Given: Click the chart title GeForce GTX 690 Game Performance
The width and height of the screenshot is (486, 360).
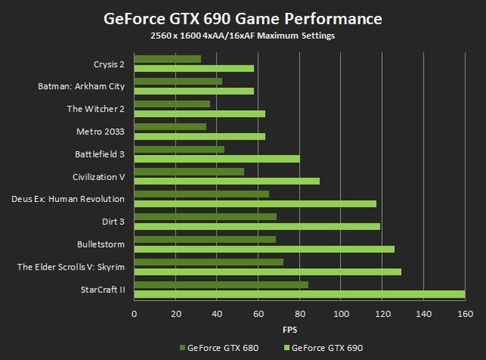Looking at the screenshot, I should (243, 18).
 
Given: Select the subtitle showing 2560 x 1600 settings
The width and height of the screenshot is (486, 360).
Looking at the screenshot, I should (243, 35).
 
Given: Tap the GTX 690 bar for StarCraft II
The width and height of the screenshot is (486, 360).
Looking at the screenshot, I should (299, 294).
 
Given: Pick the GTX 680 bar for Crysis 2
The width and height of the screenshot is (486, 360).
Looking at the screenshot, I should (168, 58).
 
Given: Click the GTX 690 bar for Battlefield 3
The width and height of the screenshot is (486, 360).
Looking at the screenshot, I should (217, 159).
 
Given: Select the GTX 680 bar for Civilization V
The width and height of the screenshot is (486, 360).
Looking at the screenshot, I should (189, 172).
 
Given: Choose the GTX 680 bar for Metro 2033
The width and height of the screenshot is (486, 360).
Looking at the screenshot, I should (170, 127).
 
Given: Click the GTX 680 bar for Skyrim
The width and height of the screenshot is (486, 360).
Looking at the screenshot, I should (209, 262).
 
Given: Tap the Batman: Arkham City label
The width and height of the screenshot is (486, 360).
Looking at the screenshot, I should (81, 86).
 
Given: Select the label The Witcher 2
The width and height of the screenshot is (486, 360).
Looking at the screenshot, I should (96, 109).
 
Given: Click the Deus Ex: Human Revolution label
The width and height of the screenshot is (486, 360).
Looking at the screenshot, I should (68, 199).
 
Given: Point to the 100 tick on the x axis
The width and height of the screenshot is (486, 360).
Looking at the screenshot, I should (341, 313).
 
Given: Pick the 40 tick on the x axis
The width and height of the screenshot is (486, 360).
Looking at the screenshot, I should (217, 313).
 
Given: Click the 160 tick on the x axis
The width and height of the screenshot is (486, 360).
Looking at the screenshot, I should (465, 313).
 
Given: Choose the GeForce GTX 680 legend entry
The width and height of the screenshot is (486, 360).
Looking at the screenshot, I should (219, 347).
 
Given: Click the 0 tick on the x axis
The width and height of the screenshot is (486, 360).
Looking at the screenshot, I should (134, 313).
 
